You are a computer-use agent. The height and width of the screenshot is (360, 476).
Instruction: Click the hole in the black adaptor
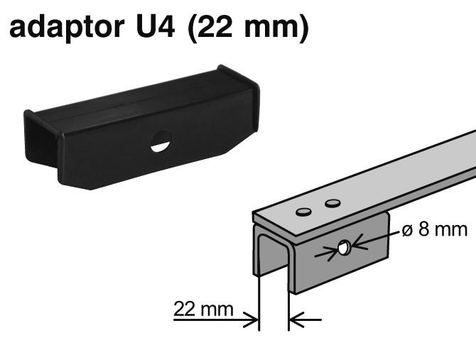(161, 141)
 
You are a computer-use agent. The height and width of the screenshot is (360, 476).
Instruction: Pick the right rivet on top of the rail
(332, 204)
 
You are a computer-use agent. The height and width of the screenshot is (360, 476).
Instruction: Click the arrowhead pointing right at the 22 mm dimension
(251, 321)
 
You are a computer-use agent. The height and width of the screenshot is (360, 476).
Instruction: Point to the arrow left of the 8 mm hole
(331, 251)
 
